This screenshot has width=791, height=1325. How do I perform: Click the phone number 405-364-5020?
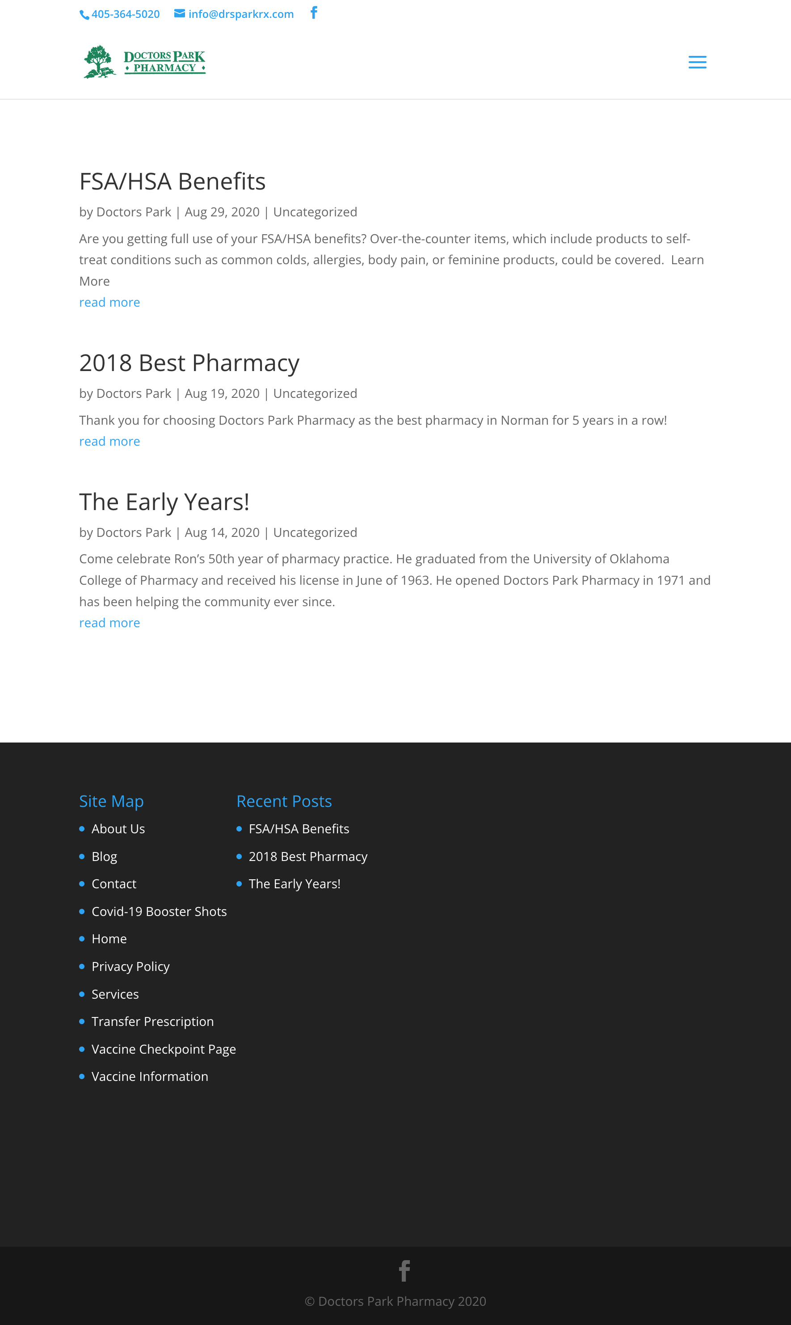click(x=125, y=14)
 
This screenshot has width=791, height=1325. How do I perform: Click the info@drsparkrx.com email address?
click(x=240, y=14)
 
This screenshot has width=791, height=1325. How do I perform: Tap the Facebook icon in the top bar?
click(x=314, y=13)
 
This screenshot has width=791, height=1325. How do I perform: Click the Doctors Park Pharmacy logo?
click(x=144, y=62)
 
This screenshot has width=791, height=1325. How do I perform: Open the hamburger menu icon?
click(x=697, y=63)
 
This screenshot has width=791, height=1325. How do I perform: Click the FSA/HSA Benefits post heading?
click(x=172, y=182)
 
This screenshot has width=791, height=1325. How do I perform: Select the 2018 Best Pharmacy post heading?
click(x=189, y=363)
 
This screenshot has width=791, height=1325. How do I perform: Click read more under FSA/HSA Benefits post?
click(x=109, y=302)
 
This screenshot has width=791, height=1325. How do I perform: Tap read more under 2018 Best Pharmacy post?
click(x=109, y=442)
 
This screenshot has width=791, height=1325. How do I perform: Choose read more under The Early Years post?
click(x=109, y=623)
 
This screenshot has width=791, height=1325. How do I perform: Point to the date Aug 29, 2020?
click(x=222, y=212)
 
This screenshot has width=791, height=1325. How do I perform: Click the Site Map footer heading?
click(x=111, y=802)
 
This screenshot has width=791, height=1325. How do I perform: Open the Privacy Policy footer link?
click(x=130, y=966)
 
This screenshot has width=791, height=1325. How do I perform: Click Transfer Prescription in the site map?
click(x=152, y=1021)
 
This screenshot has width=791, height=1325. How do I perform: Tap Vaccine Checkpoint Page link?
click(x=164, y=1049)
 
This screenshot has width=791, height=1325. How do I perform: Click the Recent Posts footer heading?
click(x=284, y=802)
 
